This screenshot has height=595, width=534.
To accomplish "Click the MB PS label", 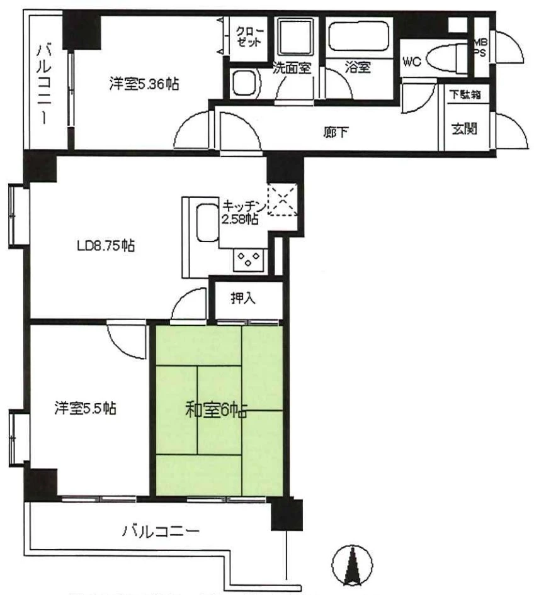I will pyautogui.click(x=480, y=48).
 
